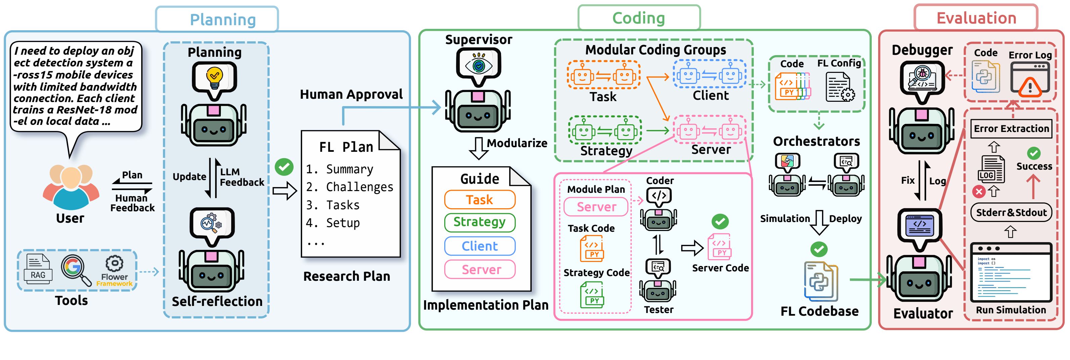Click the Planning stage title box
(217, 19)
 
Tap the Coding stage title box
(639, 18)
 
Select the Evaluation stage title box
(976, 18)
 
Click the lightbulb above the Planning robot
(214, 77)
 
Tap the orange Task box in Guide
(480, 200)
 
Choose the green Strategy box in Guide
(480, 222)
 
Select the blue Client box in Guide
(480, 246)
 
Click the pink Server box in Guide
(480, 269)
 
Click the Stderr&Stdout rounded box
(1011, 213)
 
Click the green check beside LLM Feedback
(284, 167)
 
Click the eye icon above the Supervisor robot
(479, 65)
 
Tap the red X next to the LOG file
(979, 191)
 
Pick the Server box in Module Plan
(596, 207)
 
